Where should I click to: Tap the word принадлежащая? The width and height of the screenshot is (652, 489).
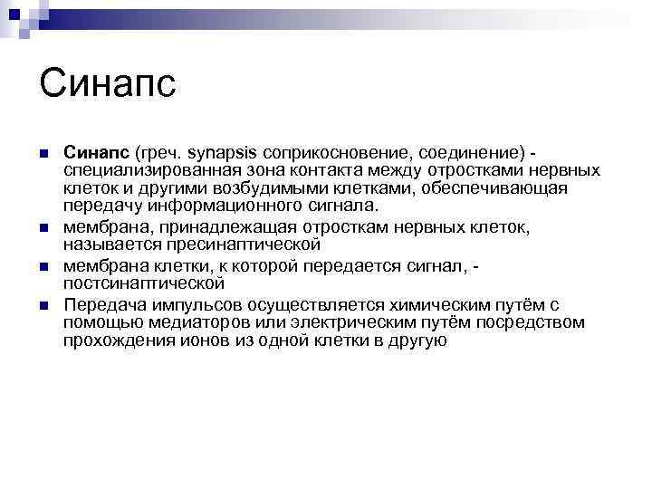(208, 226)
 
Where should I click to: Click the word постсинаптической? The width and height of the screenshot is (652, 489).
(144, 283)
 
